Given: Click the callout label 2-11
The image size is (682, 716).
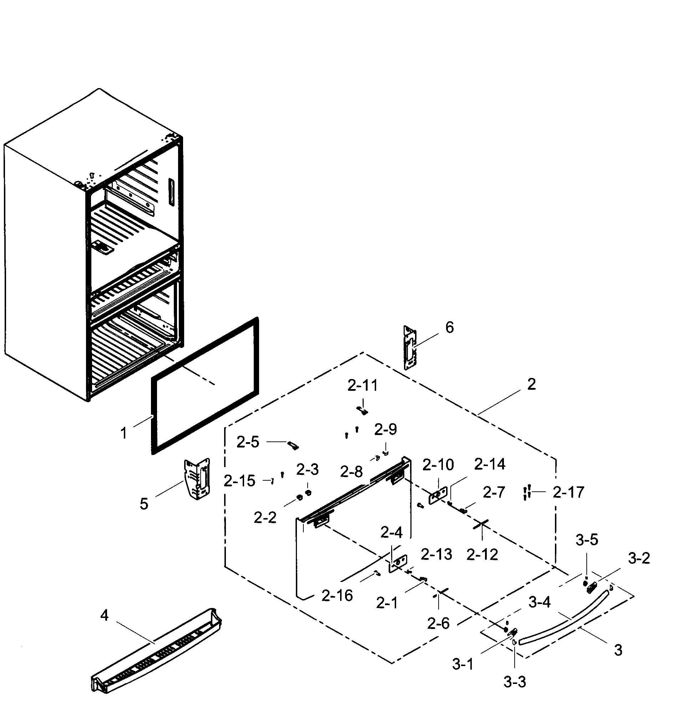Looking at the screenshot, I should click(363, 385).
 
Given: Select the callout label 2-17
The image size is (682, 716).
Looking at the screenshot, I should click(568, 492).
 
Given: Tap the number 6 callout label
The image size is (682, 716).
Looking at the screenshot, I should click(449, 328).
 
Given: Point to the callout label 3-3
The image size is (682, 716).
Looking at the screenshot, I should click(514, 682).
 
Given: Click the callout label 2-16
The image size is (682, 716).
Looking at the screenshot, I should click(337, 596).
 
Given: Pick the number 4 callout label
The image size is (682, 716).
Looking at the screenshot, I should click(104, 615).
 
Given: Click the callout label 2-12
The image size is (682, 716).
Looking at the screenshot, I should click(482, 555).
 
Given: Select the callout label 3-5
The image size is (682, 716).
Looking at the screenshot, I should click(587, 540).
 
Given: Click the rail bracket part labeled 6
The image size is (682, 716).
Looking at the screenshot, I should click(410, 348).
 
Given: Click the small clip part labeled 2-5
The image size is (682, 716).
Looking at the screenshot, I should click(293, 445).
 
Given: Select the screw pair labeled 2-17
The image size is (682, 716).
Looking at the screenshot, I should click(527, 492).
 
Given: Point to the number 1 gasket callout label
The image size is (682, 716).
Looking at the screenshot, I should click(123, 433).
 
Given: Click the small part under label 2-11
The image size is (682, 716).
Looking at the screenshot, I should click(362, 410).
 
